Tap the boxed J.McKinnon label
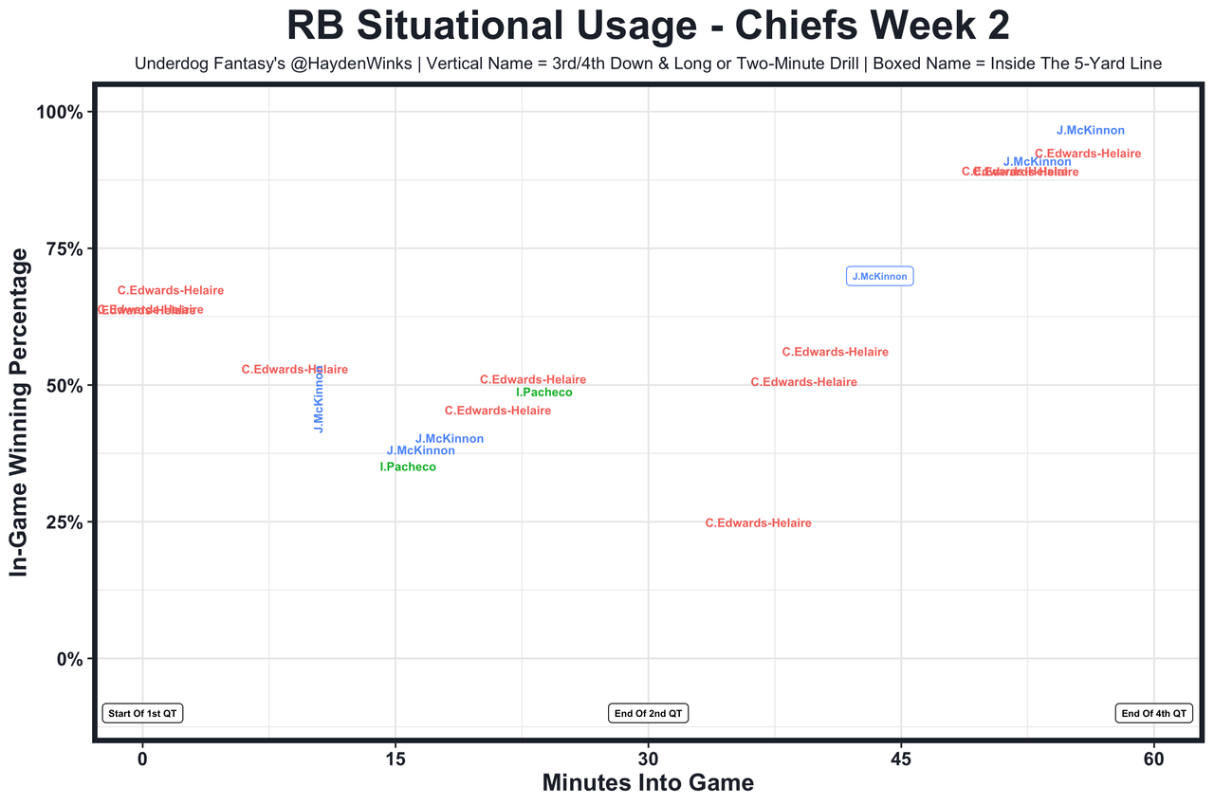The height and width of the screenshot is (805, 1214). pyautogui.click(x=879, y=277)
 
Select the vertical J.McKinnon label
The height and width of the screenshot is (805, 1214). pyautogui.click(x=320, y=399)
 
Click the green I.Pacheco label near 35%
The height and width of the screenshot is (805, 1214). pyautogui.click(x=408, y=467)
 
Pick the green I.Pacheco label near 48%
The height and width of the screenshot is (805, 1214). pyautogui.click(x=544, y=393)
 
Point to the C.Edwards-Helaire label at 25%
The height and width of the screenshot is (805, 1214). pyautogui.click(x=759, y=523)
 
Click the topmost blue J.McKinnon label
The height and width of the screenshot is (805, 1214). pyautogui.click(x=1091, y=131)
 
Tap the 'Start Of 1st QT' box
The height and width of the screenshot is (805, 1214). pyautogui.click(x=142, y=713)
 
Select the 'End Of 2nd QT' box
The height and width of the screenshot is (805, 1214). pyautogui.click(x=649, y=713)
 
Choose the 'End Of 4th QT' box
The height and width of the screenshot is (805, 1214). pyautogui.click(x=1153, y=713)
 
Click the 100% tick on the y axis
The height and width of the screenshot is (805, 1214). pyautogui.click(x=61, y=113)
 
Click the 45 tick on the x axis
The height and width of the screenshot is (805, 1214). pyautogui.click(x=901, y=759)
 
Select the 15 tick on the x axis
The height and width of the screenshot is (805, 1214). pyautogui.click(x=395, y=759)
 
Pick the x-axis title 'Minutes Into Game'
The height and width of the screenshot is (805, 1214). pyautogui.click(x=648, y=783)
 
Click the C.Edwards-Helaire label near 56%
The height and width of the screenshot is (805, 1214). pyautogui.click(x=836, y=353)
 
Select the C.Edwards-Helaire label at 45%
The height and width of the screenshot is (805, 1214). pyautogui.click(x=498, y=412)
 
